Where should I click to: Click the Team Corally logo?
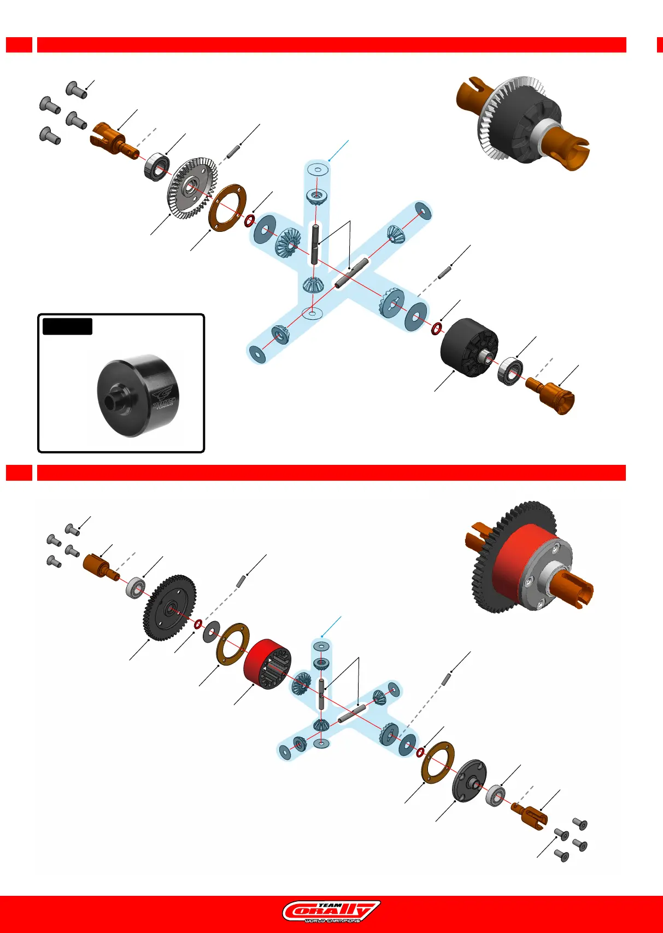coord(331,911)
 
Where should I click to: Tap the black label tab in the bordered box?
coord(67,326)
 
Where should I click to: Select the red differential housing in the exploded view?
coord(267,663)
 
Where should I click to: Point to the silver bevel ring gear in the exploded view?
coord(191,188)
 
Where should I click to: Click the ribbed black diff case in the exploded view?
coord(469,348)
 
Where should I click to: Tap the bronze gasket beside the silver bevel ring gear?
coord(227,208)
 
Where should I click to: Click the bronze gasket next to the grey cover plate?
coord(438,762)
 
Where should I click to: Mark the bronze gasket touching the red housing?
coord(233,644)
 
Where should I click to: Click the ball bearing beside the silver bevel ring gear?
coord(157,166)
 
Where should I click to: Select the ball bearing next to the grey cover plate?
coord(495,795)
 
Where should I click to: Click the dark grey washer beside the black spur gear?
coord(211,632)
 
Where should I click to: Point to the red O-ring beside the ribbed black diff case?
coord(437,329)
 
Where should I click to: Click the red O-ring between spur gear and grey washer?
coord(198,624)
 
